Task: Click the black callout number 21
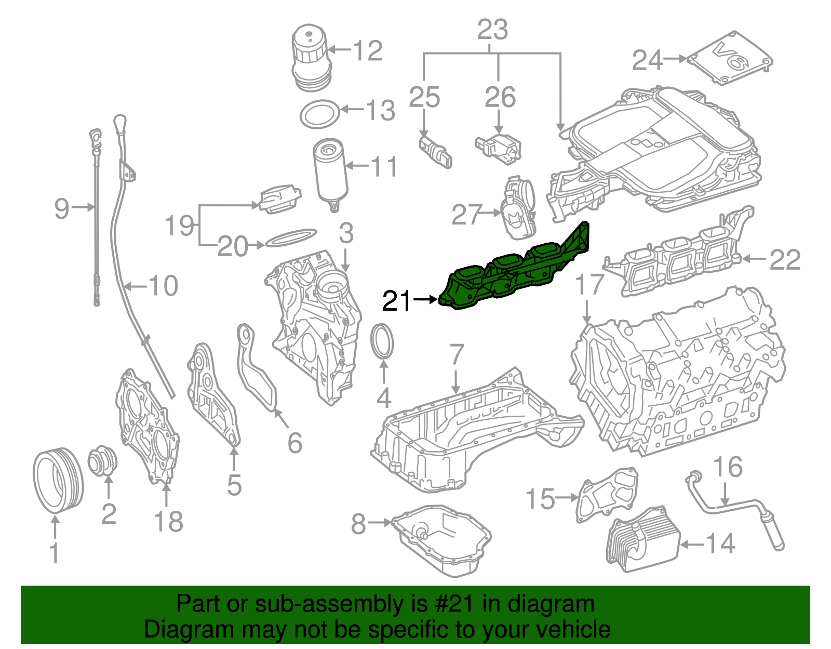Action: pyautogui.click(x=397, y=301)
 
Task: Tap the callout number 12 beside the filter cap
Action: pyautogui.click(x=368, y=50)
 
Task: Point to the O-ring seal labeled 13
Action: pyautogui.click(x=320, y=113)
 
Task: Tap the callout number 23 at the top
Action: pyautogui.click(x=492, y=30)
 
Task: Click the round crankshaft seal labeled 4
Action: pyautogui.click(x=383, y=341)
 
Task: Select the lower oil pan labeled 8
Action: pyautogui.click(x=441, y=540)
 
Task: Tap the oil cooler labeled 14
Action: pyautogui.click(x=643, y=540)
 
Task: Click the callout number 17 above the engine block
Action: pyautogui.click(x=591, y=285)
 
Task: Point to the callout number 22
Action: pyautogui.click(x=785, y=259)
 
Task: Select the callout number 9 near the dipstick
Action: pyautogui.click(x=61, y=208)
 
